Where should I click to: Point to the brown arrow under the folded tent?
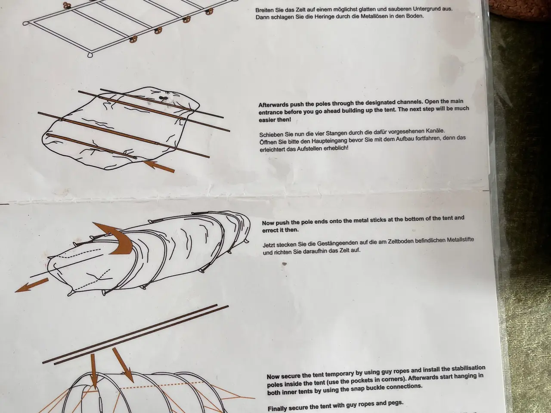159,166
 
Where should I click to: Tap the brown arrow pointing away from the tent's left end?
31,285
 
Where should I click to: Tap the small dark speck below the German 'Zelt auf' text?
284,264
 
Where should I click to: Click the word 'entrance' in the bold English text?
270,113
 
